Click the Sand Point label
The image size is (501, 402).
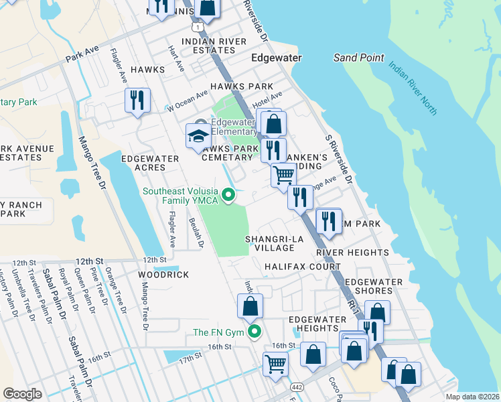[359, 58]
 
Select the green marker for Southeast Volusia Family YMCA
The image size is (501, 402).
[228, 196]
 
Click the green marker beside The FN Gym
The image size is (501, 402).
[254, 332]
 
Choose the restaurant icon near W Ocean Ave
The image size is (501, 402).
[137, 100]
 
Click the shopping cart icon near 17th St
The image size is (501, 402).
[275, 364]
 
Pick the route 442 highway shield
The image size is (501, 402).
[296, 387]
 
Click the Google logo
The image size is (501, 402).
[23, 394]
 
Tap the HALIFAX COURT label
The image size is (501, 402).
[302, 267]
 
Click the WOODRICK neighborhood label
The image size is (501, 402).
[160, 275]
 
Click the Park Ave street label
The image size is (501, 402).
[82, 53]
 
